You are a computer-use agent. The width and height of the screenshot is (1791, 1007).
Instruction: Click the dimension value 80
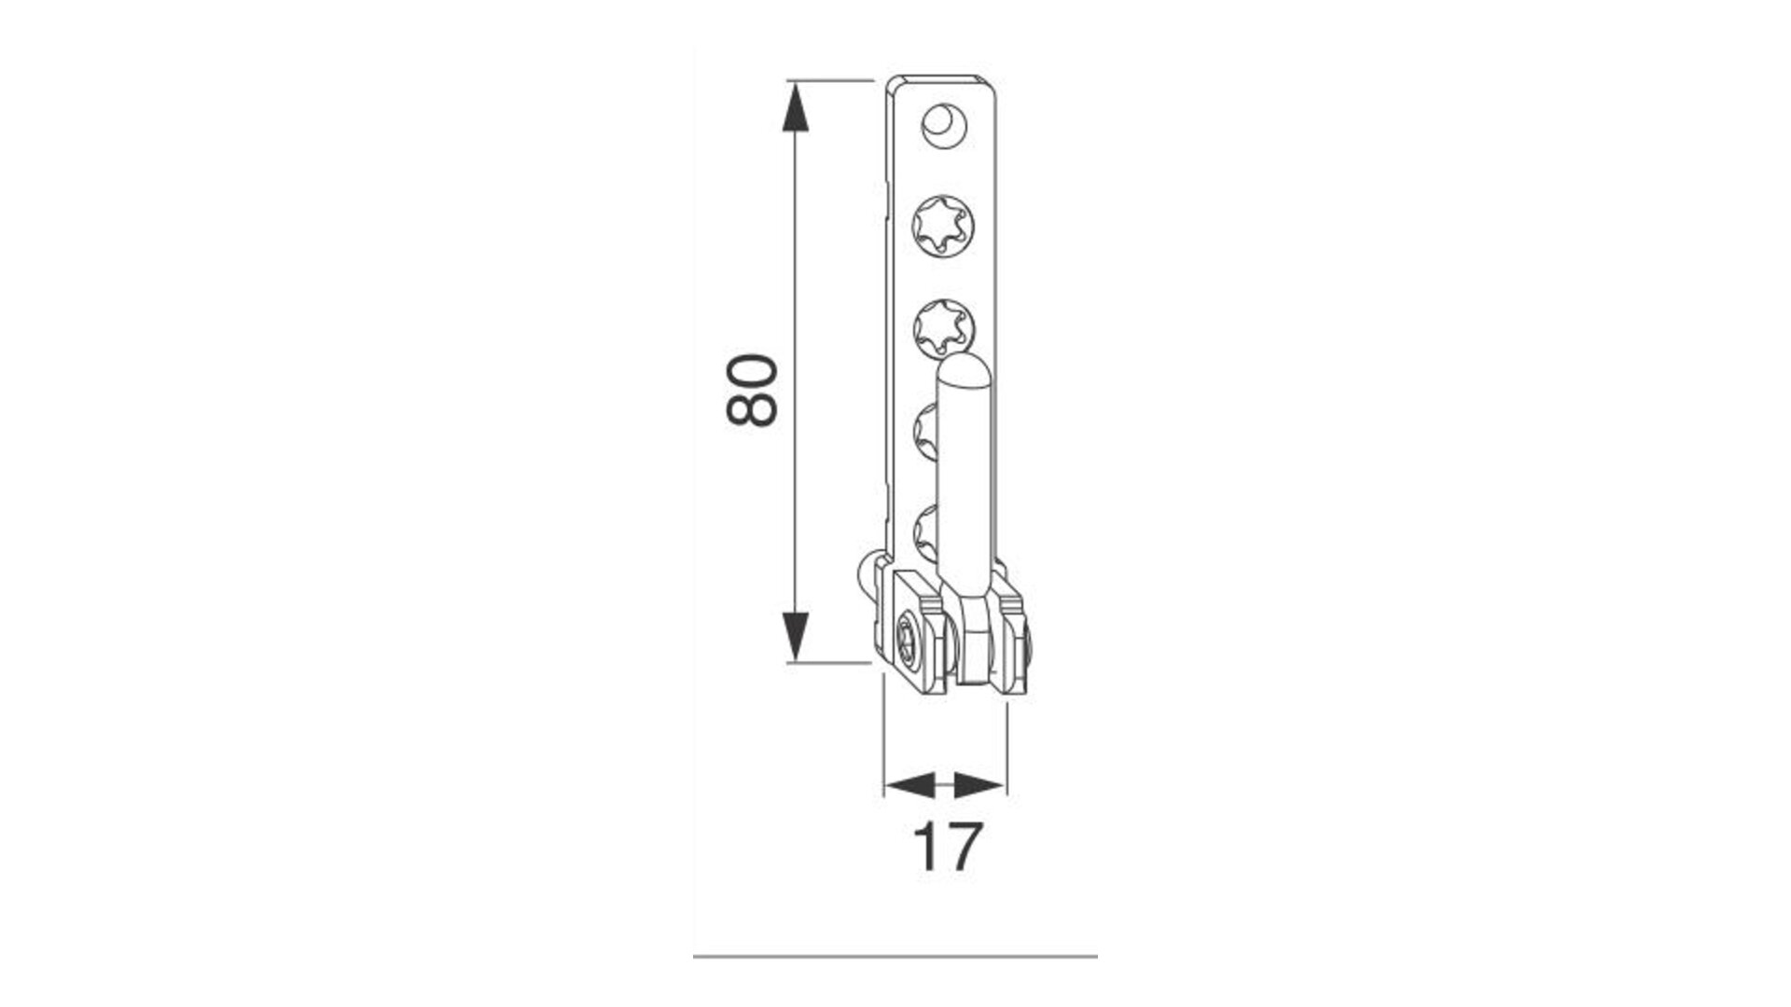752,390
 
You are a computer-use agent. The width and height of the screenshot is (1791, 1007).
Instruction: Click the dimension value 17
947,847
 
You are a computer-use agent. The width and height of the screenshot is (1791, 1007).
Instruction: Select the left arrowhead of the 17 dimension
909,785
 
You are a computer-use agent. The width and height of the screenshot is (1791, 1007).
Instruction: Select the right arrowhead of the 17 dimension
981,785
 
